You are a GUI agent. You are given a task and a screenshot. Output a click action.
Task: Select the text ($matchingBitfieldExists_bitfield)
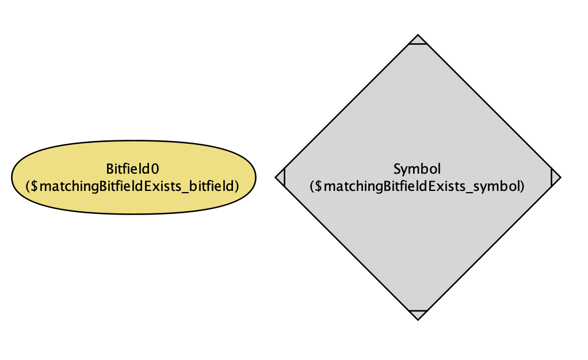(132, 186)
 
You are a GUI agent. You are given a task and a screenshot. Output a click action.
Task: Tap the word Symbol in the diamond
(417, 169)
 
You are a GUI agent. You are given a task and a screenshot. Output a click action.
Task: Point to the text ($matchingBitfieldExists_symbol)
(417, 186)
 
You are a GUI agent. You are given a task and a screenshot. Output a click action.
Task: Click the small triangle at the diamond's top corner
(418, 40)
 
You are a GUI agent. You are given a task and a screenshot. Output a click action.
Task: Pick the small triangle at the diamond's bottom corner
(418, 314)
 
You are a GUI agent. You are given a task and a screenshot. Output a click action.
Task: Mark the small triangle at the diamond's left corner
(281, 177)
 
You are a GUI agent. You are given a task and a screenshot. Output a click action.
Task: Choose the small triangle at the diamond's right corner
(555, 177)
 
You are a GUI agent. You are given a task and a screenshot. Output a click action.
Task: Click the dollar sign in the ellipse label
(35, 186)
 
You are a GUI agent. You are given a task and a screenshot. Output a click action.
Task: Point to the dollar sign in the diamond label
(319, 186)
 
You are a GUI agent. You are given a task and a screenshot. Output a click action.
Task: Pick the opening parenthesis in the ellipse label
(29, 186)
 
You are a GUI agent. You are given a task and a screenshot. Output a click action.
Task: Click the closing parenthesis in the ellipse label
(236, 186)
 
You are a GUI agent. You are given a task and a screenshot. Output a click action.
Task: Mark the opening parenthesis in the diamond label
(312, 186)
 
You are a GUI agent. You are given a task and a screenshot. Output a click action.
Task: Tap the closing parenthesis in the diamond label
(522, 186)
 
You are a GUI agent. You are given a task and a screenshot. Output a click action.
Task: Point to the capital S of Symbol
(397, 169)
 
